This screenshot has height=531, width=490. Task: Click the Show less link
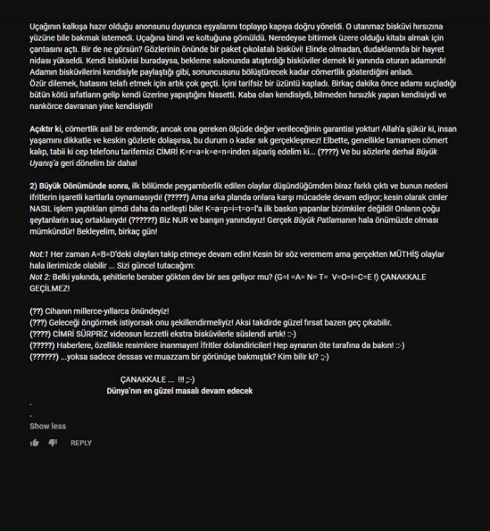pos(47,427)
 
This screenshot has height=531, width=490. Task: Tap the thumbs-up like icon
pos(35,443)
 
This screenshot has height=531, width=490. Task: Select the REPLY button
pos(81,443)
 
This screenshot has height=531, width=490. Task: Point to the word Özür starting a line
pos(38,81)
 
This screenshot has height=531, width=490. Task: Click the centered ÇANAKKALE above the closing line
pos(146,379)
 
